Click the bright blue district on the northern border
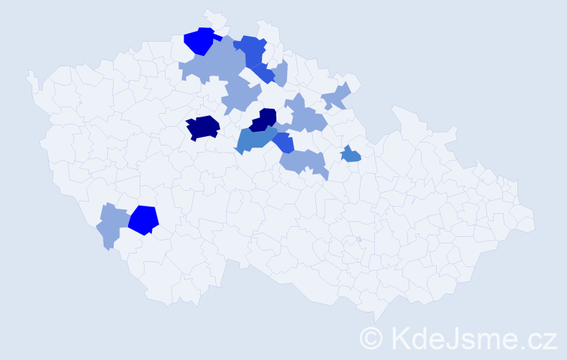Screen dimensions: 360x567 (x=199, y=40)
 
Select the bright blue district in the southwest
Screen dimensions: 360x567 (x=144, y=220)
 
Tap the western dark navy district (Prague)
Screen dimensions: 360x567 (x=202, y=127)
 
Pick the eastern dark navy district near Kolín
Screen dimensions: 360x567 (x=265, y=120)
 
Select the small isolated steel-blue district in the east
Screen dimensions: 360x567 (x=350, y=155)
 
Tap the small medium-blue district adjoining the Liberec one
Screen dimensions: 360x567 (x=264, y=73)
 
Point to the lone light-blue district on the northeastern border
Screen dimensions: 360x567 (x=336, y=96)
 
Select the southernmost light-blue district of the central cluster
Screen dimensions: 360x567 (x=304, y=163)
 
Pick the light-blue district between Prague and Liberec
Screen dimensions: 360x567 (x=240, y=95)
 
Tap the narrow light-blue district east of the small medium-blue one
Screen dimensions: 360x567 (x=281, y=73)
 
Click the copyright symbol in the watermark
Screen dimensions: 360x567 (x=372, y=338)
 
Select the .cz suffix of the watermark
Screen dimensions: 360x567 (x=538, y=338)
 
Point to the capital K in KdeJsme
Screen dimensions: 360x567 (x=402, y=338)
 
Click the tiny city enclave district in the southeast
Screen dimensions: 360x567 (x=358, y=239)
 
